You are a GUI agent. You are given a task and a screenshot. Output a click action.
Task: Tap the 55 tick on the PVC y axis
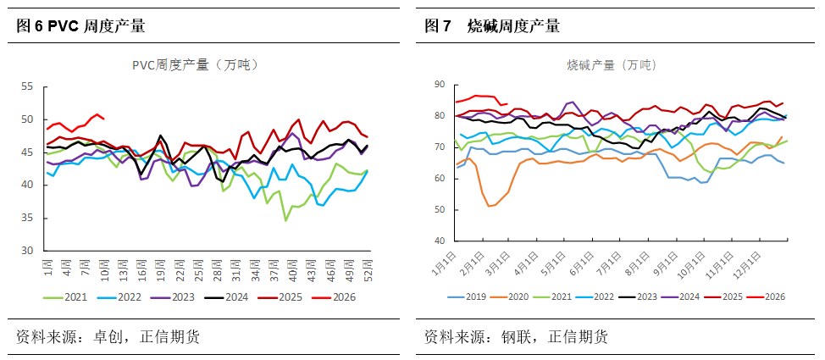tap(26, 86)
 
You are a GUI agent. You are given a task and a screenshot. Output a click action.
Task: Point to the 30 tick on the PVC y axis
tap(26, 251)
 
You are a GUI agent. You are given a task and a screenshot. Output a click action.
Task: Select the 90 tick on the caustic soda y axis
tap(440, 84)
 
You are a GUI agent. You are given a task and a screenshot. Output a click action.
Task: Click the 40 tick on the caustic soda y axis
tap(440, 241)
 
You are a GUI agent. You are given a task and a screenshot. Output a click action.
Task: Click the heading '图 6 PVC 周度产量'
tap(81, 26)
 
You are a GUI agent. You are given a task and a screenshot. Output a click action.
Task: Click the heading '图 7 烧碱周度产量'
tap(492, 26)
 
